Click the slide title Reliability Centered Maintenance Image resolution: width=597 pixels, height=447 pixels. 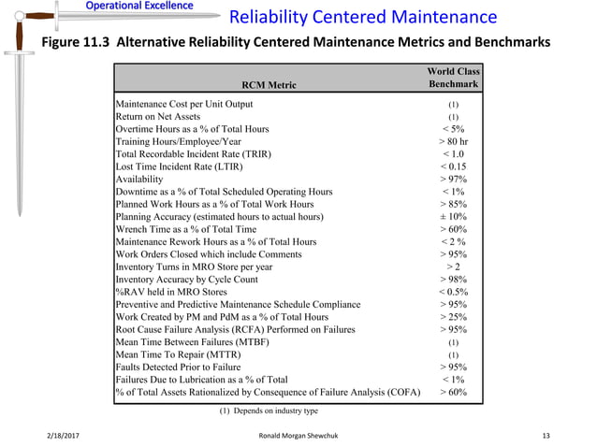point(363,18)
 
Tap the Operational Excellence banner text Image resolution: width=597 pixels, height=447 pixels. point(139,7)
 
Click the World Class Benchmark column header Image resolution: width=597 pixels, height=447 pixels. point(453,78)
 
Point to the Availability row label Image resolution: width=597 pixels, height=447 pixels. point(138,179)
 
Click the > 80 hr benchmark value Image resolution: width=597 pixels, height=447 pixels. point(453,141)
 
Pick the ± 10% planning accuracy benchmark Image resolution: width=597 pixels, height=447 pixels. point(453,216)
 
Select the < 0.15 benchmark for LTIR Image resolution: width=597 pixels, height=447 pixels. point(453,166)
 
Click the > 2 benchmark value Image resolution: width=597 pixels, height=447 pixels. point(453,267)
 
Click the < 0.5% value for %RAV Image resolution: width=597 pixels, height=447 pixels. point(453,292)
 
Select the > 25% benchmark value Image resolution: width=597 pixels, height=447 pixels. point(453,317)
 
